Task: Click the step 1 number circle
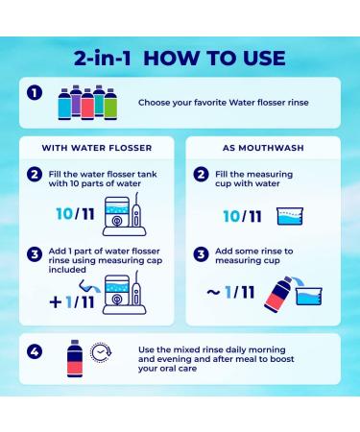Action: click(35, 93)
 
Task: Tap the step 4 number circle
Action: click(35, 352)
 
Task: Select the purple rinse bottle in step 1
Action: click(76, 101)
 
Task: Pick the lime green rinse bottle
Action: click(110, 104)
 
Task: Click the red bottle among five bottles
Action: click(87, 104)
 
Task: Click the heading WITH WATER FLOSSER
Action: click(97, 148)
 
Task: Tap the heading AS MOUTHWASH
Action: click(263, 148)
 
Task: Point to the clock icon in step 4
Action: click(101, 352)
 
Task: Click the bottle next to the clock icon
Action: click(75, 358)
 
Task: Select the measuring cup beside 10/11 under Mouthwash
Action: click(290, 216)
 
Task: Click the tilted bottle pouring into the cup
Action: click(277, 294)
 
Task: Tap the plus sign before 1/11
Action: click(56, 302)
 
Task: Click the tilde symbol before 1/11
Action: click(213, 292)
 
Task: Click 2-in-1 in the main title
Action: click(103, 59)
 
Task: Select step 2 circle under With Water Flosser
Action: click(35, 175)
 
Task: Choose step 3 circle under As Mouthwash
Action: click(201, 254)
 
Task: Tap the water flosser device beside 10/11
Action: click(124, 214)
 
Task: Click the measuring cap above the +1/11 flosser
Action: click(88, 286)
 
